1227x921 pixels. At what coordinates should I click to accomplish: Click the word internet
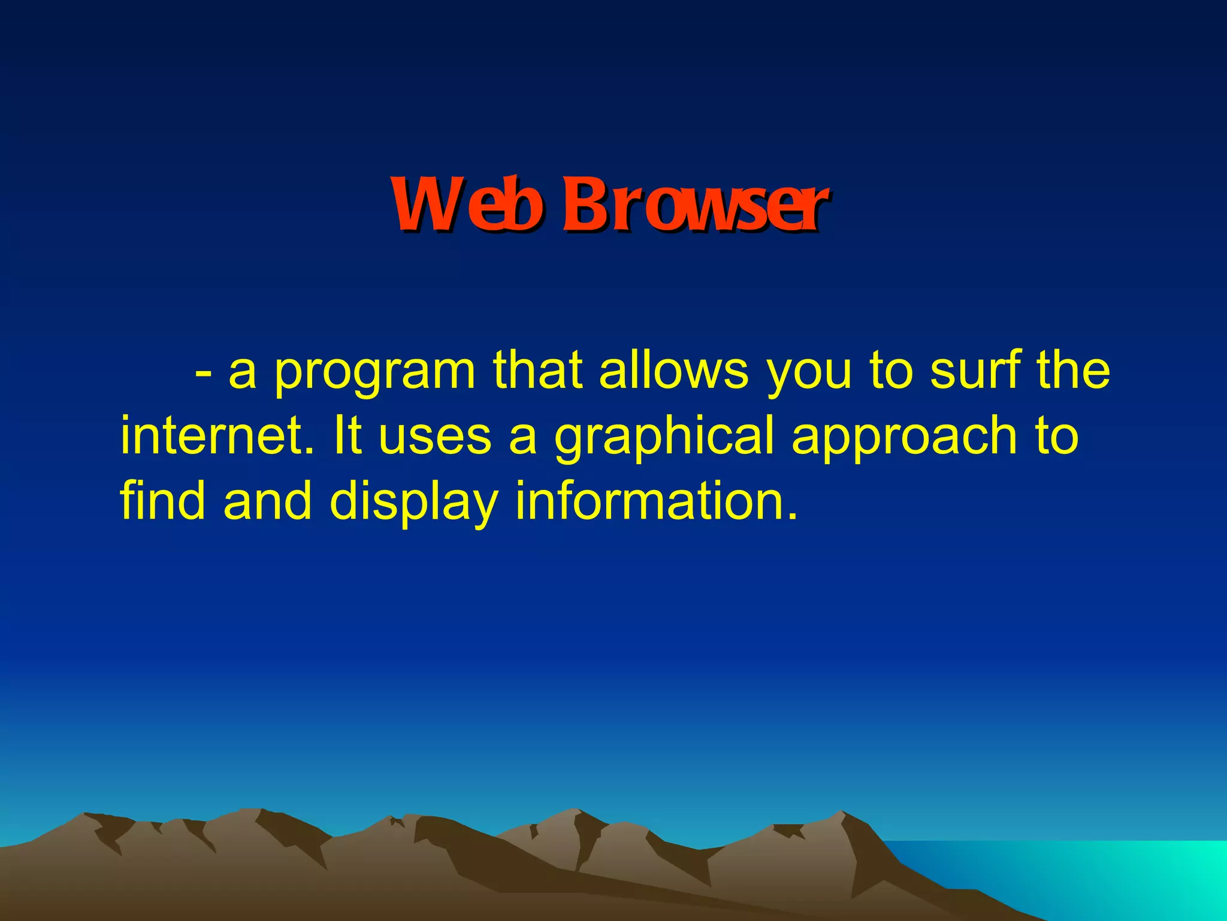point(216,437)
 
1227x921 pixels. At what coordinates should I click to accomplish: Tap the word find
point(162,500)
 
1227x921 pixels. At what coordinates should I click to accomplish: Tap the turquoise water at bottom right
point(1138,875)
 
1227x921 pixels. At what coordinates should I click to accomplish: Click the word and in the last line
point(267,500)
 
